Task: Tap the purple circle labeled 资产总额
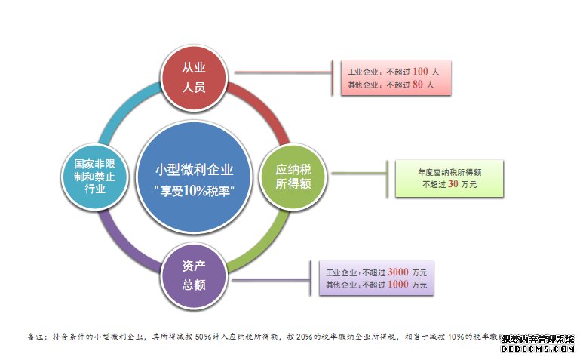click(194, 276)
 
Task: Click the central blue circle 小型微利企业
click(194, 178)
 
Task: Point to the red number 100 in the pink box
click(421, 72)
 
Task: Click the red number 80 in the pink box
click(419, 85)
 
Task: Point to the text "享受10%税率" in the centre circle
click(194, 189)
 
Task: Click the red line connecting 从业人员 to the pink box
click(283, 73)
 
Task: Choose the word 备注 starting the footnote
click(37, 337)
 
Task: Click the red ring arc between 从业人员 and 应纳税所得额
click(260, 112)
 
